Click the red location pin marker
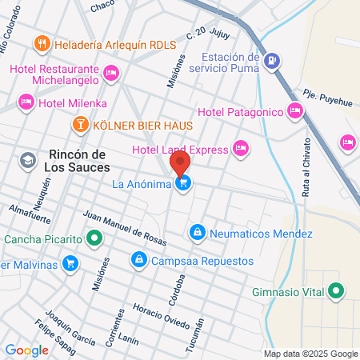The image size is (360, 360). pyautogui.click(x=179, y=164)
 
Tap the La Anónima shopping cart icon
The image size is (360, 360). pyautogui.click(x=185, y=184)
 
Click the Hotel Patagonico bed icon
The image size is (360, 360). pyautogui.click(x=295, y=110)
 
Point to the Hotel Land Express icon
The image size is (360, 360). pyautogui.click(x=241, y=147)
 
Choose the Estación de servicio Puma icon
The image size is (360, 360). pyautogui.click(x=272, y=60)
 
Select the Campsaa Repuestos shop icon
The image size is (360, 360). pyautogui.click(x=139, y=260)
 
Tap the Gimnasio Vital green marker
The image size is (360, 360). pyautogui.click(x=337, y=292)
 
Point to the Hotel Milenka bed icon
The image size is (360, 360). pyautogui.click(x=26, y=102)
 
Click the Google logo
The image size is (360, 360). pyautogui.click(x=26, y=350)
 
